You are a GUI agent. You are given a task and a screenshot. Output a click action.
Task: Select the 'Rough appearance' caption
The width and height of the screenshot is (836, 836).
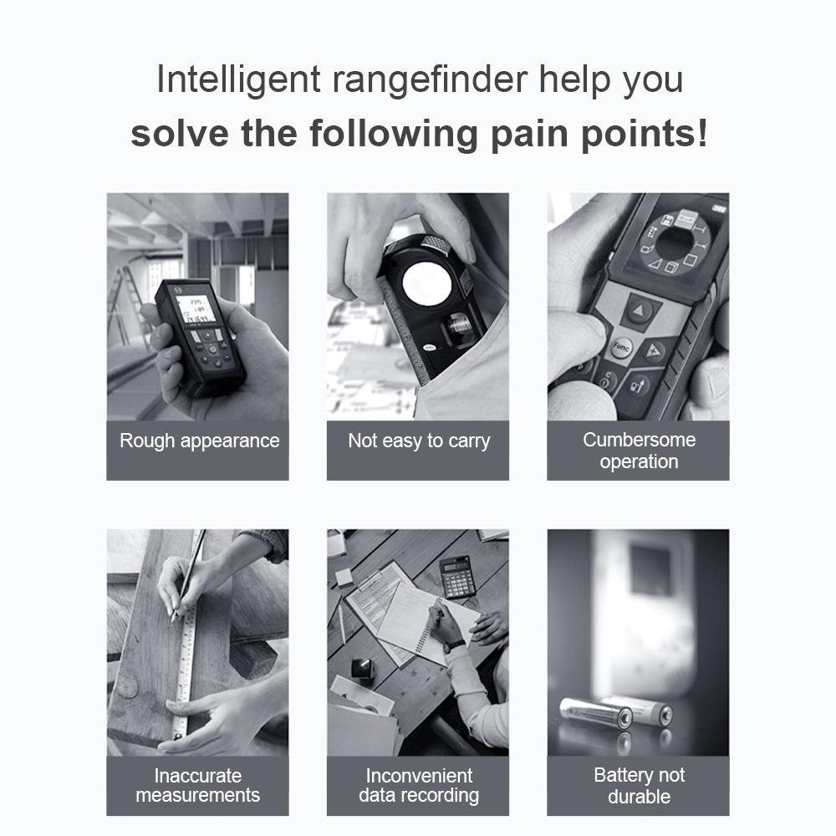click(x=199, y=441)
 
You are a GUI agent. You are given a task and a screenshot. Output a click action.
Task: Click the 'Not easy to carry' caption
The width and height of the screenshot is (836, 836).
click(x=418, y=441)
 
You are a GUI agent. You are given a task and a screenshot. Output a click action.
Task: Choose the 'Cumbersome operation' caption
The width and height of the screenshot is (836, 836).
click(x=639, y=451)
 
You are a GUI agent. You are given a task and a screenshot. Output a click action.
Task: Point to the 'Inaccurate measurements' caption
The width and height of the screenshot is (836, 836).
click(x=198, y=786)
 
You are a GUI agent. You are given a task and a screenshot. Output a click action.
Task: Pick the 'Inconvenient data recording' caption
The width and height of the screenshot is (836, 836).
click(x=419, y=786)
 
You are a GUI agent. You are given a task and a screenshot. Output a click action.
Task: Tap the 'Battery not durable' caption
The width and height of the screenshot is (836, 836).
click(x=639, y=786)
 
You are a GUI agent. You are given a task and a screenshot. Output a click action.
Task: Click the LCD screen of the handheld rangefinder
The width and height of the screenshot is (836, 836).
click(x=196, y=309)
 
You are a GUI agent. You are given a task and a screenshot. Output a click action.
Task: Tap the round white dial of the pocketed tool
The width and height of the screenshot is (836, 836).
click(x=426, y=287)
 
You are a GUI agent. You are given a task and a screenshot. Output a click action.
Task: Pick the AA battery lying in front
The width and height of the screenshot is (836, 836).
click(x=595, y=713)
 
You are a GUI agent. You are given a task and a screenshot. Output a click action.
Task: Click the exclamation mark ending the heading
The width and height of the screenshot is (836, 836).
click(x=701, y=134)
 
